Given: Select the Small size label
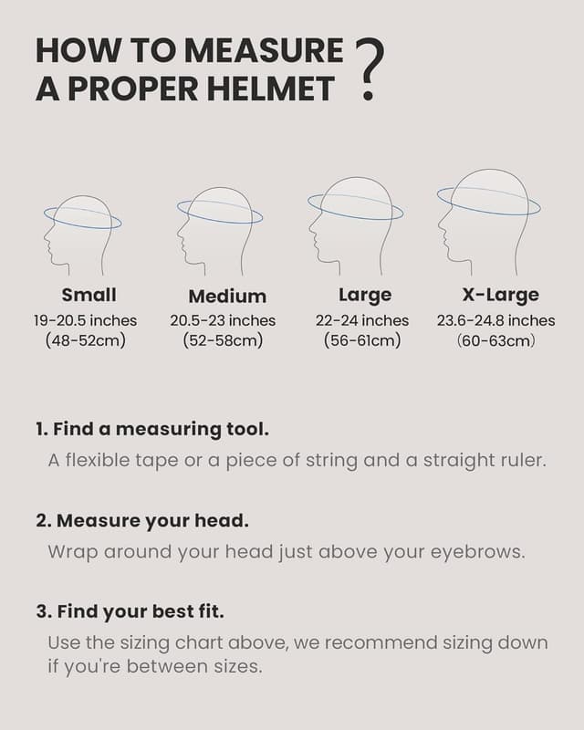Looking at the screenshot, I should click(89, 295).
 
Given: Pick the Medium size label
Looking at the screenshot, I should click(227, 296).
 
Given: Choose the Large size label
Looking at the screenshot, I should click(365, 295).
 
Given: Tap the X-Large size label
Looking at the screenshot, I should click(500, 295).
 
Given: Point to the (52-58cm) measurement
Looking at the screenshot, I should click(224, 340).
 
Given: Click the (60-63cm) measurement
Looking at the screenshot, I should click(495, 340).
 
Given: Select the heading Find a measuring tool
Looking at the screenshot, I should click(152, 429).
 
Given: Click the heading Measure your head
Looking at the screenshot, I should click(142, 521).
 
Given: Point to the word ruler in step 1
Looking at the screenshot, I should click(523, 460).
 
